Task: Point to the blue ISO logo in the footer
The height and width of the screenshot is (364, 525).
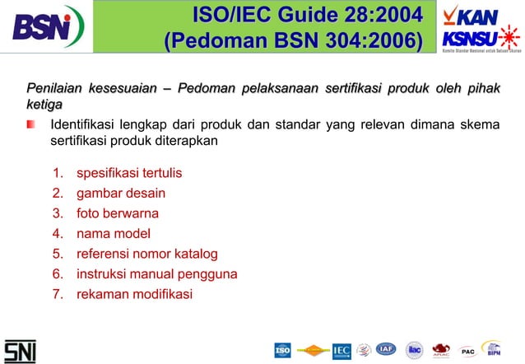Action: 282,350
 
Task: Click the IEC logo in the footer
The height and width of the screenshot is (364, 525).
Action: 341,351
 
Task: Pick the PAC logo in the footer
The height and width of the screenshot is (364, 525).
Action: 468,352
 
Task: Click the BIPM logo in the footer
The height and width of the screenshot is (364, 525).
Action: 492,350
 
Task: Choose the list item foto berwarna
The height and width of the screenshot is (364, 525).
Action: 117,213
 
